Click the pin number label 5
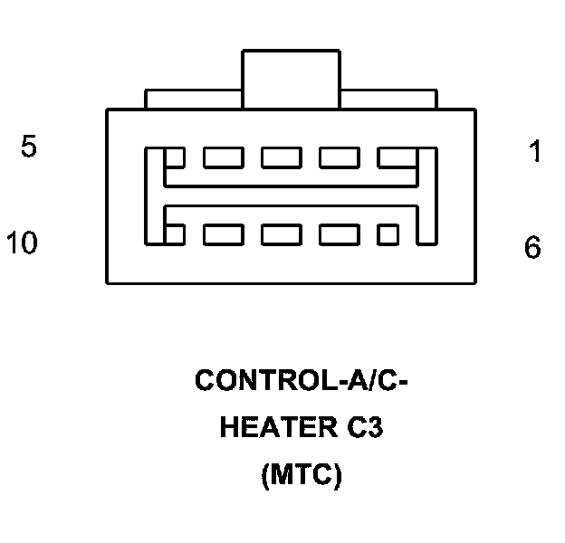click(29, 148)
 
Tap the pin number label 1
click(535, 152)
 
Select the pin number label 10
click(22, 243)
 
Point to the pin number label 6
click(533, 247)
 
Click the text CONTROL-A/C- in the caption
click(302, 381)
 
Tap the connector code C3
click(363, 428)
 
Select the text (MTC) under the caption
click(301, 475)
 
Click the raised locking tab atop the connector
click(291, 79)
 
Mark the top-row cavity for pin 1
click(396, 157)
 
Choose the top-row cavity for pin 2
click(339, 157)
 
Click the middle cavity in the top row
click(282, 157)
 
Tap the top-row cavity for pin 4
click(223, 157)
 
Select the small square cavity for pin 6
click(388, 234)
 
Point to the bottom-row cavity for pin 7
click(339, 234)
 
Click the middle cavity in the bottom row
click(282, 234)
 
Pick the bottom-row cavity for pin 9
click(223, 234)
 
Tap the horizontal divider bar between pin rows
click(291, 195)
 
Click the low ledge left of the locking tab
click(193, 99)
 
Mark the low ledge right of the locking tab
click(389, 99)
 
